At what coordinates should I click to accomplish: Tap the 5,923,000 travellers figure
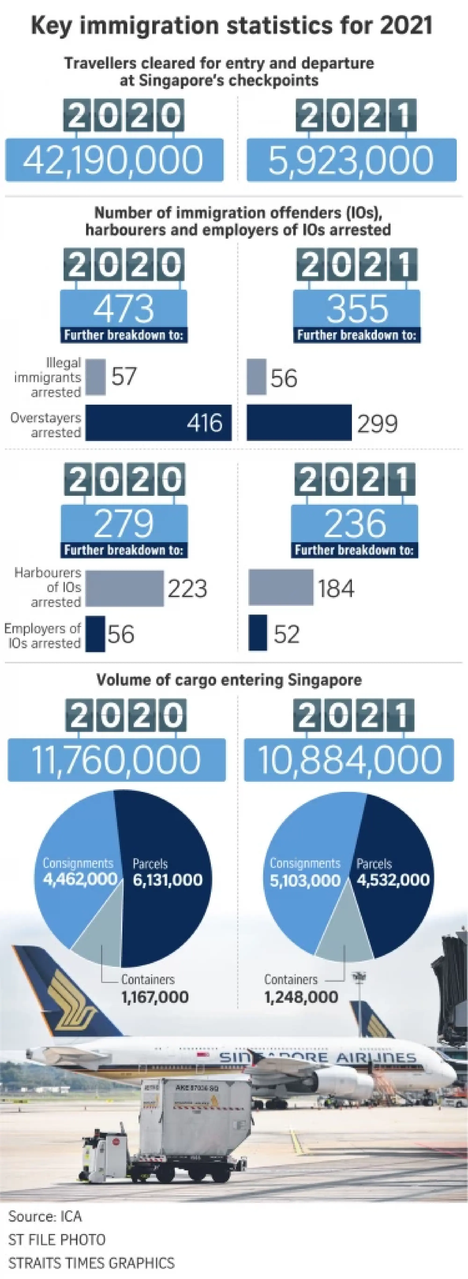[351, 160]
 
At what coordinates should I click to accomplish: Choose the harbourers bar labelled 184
[281, 588]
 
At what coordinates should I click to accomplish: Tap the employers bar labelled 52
[258, 633]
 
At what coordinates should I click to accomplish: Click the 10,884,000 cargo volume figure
[349, 760]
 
